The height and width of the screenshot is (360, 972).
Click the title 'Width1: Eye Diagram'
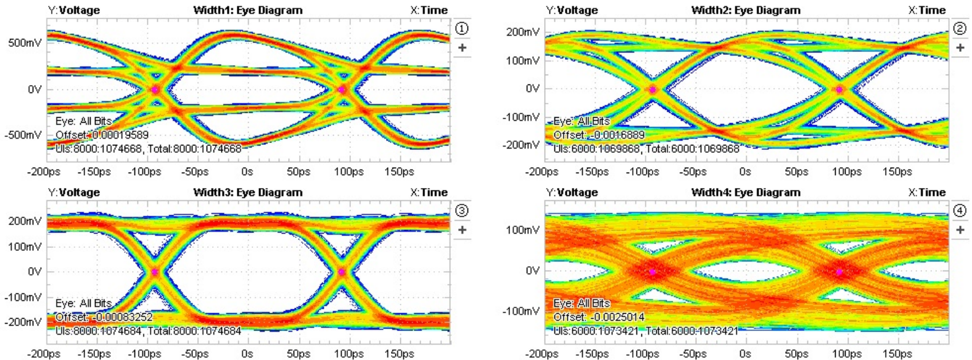point(248,10)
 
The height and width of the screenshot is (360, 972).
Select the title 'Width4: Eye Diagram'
point(746,192)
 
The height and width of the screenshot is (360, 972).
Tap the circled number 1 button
point(461,28)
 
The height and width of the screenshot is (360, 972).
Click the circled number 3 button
point(461,211)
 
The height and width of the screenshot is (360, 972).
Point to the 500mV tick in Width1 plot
point(25,43)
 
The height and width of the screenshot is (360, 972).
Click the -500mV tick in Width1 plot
point(23,135)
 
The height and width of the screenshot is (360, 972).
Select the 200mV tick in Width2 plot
point(522,32)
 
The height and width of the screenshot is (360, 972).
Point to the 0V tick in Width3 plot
point(35,271)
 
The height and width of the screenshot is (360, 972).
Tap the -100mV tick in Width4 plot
point(521,311)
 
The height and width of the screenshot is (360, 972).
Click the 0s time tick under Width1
point(247,171)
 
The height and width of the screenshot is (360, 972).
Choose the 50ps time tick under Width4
point(796,354)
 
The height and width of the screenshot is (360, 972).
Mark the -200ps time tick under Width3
point(43,354)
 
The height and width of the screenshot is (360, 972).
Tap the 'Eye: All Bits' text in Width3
point(83,303)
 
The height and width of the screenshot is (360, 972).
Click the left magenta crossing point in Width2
point(653,89)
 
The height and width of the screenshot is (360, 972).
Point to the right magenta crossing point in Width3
point(342,271)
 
